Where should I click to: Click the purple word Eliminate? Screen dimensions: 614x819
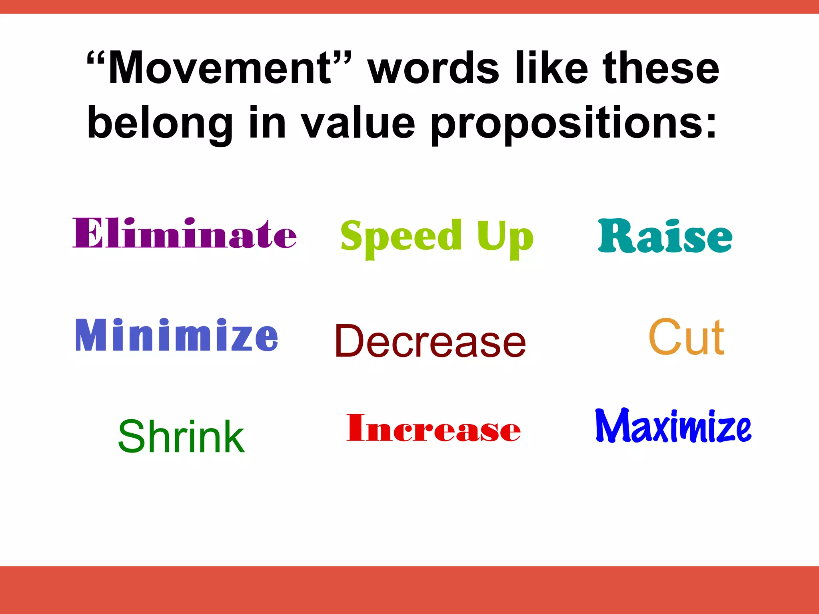pyautogui.click(x=184, y=233)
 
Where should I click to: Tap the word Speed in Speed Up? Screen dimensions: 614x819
pyautogui.click(x=401, y=237)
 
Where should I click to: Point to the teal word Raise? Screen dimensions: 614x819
pyautogui.click(x=665, y=237)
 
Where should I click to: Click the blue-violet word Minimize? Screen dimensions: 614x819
pyautogui.click(x=176, y=335)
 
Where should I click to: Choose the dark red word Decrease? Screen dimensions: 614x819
pyautogui.click(x=430, y=341)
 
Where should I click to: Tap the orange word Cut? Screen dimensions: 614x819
pyautogui.click(x=686, y=337)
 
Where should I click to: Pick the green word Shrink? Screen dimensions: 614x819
pyautogui.click(x=181, y=437)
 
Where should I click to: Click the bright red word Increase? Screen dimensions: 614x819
pyautogui.click(x=433, y=429)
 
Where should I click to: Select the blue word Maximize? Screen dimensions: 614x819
pyautogui.click(x=673, y=426)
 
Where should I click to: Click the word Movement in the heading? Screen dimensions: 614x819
pyautogui.click(x=220, y=69)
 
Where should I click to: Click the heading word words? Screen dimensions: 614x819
pyautogui.click(x=433, y=69)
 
